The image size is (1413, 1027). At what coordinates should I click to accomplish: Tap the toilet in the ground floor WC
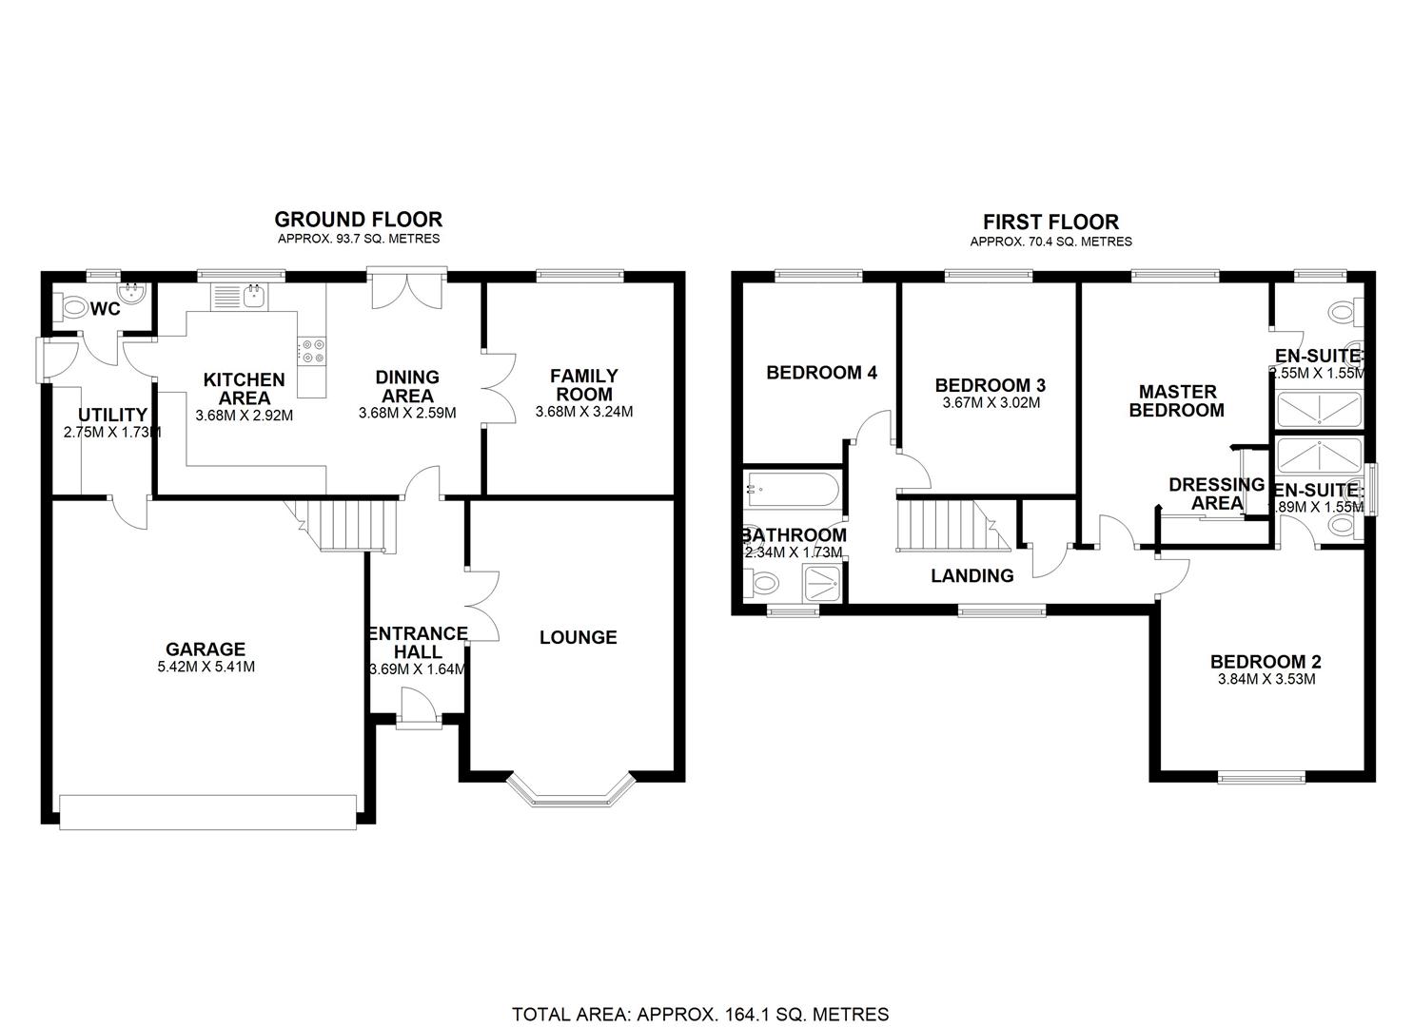coord(72,306)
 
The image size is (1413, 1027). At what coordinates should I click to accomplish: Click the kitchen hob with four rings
coord(312,352)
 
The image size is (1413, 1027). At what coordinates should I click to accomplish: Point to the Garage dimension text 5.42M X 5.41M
coord(206,667)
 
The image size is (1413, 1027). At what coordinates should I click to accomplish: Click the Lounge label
coord(578,637)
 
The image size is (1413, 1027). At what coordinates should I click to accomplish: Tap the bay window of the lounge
coord(570,791)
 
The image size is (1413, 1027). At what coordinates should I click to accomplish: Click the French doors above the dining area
coord(406,289)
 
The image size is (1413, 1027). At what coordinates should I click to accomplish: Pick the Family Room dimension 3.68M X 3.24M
coord(583,412)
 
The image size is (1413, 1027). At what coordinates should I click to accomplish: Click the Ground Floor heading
coord(358,220)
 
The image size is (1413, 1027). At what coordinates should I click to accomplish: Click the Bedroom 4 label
coord(821,373)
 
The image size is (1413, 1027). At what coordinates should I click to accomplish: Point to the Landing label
coord(971,575)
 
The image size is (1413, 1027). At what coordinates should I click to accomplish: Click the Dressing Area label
coord(1215,494)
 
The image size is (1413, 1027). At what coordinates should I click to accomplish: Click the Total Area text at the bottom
coord(700,1014)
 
